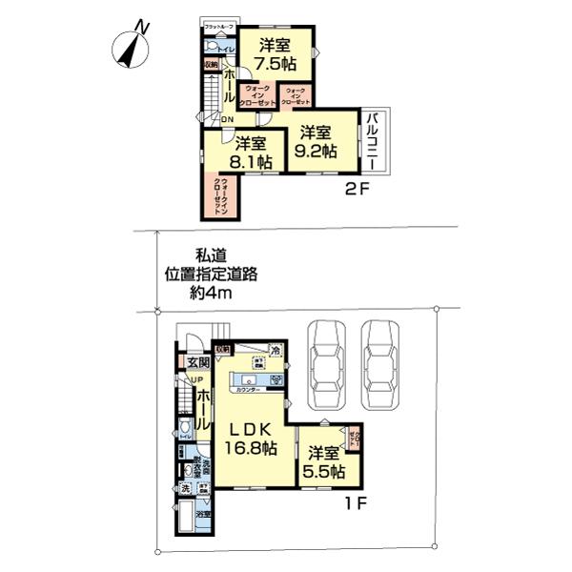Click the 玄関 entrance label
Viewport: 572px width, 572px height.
tap(197, 362)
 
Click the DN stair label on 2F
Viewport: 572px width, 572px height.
tap(226, 119)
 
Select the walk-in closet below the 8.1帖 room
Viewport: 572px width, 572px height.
tap(220, 196)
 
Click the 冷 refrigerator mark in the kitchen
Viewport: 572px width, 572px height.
tap(275, 351)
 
